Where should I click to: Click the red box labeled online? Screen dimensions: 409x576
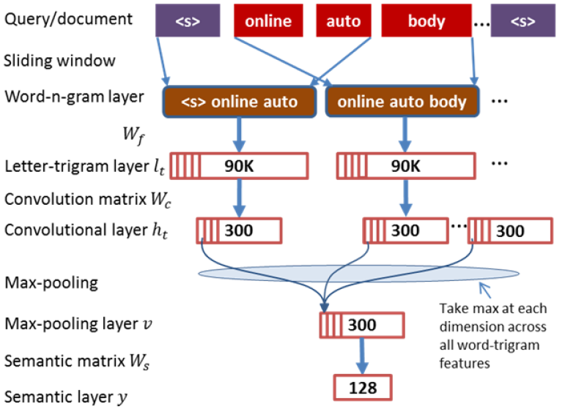pos(268,21)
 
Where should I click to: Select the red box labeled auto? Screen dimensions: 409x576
pos(344,21)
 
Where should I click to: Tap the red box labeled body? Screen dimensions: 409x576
pos(427,21)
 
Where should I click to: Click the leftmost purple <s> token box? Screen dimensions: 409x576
pos(188,21)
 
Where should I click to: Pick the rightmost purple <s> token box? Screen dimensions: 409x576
pos(523,21)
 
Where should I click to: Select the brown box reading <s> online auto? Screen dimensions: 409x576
pos(240,101)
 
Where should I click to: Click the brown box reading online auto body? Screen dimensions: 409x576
pos(402,101)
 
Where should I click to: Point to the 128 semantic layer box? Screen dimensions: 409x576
pos(363,386)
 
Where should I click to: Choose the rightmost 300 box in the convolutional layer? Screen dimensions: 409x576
pos(509,230)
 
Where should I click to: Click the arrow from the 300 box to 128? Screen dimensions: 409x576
pos(361,355)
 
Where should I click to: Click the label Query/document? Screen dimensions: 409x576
pos(69,18)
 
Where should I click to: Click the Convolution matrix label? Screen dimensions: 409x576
pos(78,199)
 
